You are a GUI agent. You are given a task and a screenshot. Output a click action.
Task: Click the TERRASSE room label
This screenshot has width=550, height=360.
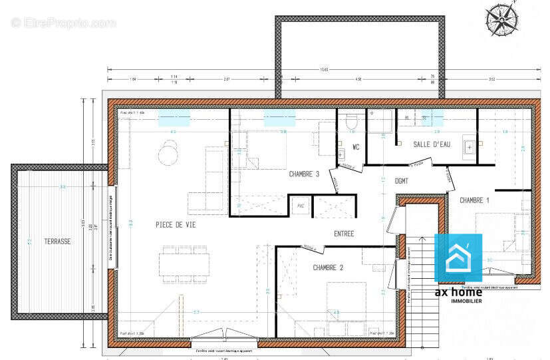click(57, 242)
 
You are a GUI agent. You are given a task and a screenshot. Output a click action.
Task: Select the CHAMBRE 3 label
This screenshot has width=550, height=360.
click(304, 174)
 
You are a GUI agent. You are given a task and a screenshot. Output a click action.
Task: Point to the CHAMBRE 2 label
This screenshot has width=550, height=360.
click(328, 268)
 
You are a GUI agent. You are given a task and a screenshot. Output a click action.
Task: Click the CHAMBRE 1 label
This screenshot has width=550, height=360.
click(475, 200)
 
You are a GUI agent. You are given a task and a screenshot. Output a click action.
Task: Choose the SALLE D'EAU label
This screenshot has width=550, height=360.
click(432, 144)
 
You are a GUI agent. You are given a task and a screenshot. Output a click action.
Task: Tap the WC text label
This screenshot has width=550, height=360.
click(356, 146)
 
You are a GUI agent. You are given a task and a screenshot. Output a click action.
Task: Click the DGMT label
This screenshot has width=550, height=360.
click(401, 180)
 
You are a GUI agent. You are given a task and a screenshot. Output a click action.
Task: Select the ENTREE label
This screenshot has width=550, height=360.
click(344, 234)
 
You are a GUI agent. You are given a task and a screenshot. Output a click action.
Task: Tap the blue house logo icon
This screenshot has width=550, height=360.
click(458, 258)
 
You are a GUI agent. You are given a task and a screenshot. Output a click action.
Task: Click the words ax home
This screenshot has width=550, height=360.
click(458, 292)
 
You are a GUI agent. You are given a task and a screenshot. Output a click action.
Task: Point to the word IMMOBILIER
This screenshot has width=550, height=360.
click(458, 301)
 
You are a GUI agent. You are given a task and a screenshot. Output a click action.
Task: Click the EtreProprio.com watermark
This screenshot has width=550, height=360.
click(64, 23)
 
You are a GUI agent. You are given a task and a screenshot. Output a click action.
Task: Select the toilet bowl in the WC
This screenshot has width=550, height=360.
click(352, 122)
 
